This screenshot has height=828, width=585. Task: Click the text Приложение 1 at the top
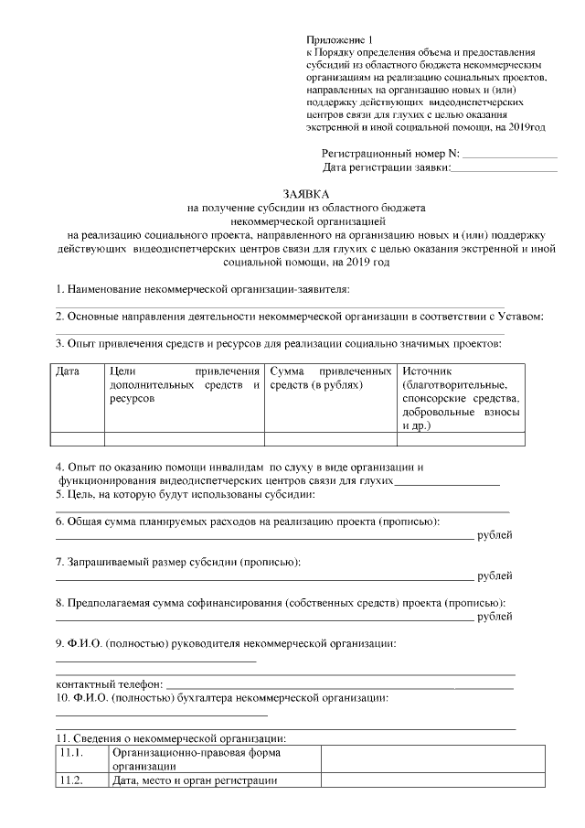[x=340, y=40]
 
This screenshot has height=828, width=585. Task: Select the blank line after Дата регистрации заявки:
[x=505, y=169]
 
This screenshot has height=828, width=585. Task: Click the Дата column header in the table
[x=68, y=371]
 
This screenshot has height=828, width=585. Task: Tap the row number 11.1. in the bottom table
[x=70, y=753]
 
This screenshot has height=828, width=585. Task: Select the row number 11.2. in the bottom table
[x=70, y=780]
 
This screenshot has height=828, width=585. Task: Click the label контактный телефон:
[x=110, y=683]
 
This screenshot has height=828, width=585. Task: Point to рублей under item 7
[x=495, y=576]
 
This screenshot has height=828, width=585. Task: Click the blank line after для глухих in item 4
[x=446, y=481]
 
